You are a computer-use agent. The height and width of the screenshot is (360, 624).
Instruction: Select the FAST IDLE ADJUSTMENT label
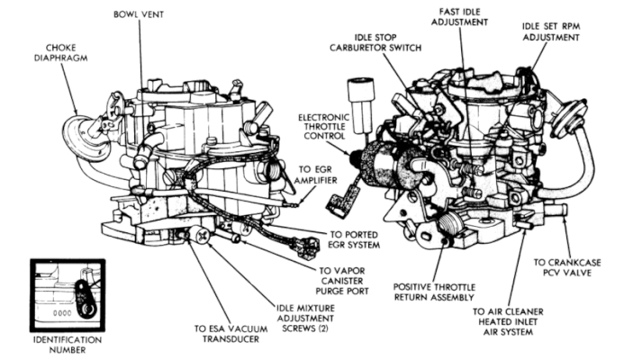464,16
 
